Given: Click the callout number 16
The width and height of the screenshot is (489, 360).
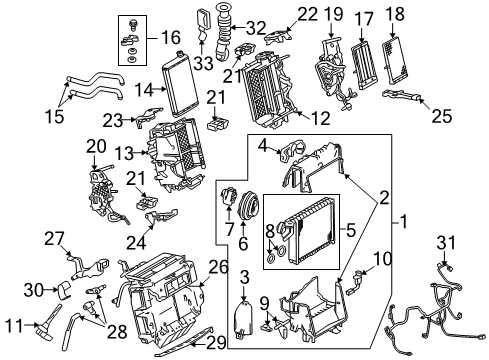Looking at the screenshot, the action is tap(171, 37).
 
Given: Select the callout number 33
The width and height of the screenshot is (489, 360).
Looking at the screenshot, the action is tap(203, 63).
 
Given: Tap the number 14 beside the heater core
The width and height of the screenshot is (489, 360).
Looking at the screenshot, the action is tap(144, 90).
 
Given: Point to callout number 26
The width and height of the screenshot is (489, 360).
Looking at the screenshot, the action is tap(219, 267).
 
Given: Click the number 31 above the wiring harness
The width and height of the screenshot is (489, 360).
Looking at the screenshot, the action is tap(446, 242).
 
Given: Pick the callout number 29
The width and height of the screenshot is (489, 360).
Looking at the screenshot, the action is tap(216, 343).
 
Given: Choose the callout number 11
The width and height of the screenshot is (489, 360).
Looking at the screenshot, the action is tap(14, 325).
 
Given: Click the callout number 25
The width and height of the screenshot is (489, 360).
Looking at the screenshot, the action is tap(442, 116).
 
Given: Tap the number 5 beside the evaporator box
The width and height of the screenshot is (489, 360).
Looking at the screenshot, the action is tap(351, 230).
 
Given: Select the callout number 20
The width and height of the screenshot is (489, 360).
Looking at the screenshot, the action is tap(96, 146).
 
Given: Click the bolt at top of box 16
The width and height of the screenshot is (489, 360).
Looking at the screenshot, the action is tap(133, 24).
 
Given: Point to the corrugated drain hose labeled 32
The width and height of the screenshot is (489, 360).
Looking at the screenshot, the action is tap(223, 32).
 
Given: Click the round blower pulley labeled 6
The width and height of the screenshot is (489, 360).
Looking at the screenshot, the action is tap(247, 203).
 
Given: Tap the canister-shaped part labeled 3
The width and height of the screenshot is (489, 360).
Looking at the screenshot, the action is tap(244, 317).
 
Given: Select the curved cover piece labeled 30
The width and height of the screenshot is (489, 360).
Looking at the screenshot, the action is tap(65, 289).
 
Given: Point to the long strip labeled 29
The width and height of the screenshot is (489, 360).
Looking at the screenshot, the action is tap(187, 341).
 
